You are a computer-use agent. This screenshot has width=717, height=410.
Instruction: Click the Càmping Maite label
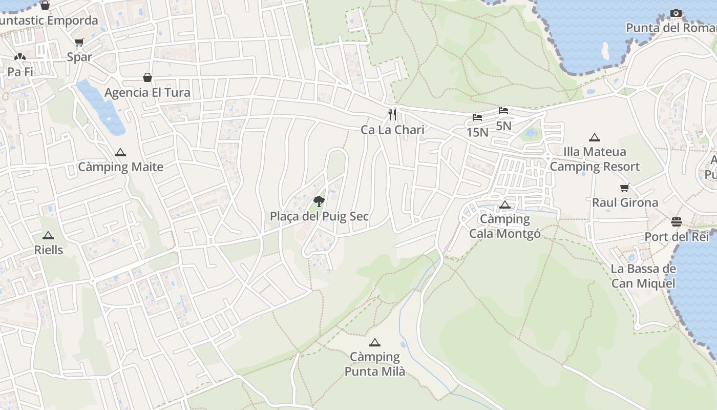[x=120, y=167]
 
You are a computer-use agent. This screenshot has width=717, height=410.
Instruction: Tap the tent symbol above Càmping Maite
[x=120, y=152]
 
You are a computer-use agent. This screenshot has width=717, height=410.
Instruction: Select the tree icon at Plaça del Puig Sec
[x=319, y=201]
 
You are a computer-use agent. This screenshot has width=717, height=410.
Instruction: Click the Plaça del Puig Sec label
[x=319, y=216]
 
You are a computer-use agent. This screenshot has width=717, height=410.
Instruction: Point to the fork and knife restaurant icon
[x=392, y=114]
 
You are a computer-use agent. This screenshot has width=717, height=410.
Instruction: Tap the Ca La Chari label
[x=392, y=130]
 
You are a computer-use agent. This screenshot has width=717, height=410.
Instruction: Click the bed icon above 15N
[x=477, y=117]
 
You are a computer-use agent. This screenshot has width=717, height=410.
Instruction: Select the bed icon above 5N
[x=503, y=111]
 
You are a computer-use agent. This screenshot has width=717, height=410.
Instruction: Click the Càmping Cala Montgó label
[x=505, y=226]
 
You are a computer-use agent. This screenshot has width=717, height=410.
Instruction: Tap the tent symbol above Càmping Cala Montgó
[x=505, y=205]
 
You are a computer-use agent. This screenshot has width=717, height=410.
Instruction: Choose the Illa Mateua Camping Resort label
[x=595, y=159]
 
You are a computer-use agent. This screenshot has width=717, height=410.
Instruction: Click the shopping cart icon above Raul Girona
[x=624, y=188]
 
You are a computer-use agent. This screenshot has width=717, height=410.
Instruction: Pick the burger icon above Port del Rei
[x=677, y=221]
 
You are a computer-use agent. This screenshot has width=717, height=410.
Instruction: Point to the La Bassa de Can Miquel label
[x=643, y=276]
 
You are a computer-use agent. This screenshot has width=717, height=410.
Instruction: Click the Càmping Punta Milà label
[x=375, y=364]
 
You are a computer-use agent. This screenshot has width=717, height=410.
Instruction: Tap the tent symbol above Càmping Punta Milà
[x=375, y=342]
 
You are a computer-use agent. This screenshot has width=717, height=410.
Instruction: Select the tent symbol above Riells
[x=48, y=235]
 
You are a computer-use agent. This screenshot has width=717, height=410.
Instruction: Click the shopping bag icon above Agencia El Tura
[x=147, y=77]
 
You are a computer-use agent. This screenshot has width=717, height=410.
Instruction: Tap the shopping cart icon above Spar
[x=79, y=42]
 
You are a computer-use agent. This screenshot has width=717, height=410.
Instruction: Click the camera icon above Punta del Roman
[x=676, y=13]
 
